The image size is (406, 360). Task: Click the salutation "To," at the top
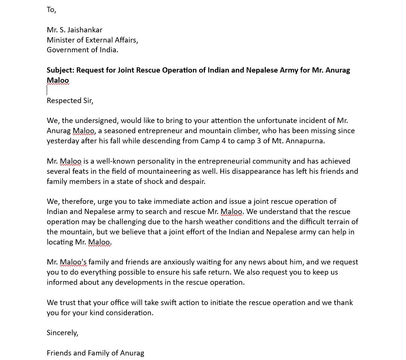coord(51,10)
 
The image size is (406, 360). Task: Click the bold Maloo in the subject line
coord(58,80)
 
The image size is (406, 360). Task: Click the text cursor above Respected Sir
coord(47,90)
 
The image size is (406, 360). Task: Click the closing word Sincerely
coord(62,333)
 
